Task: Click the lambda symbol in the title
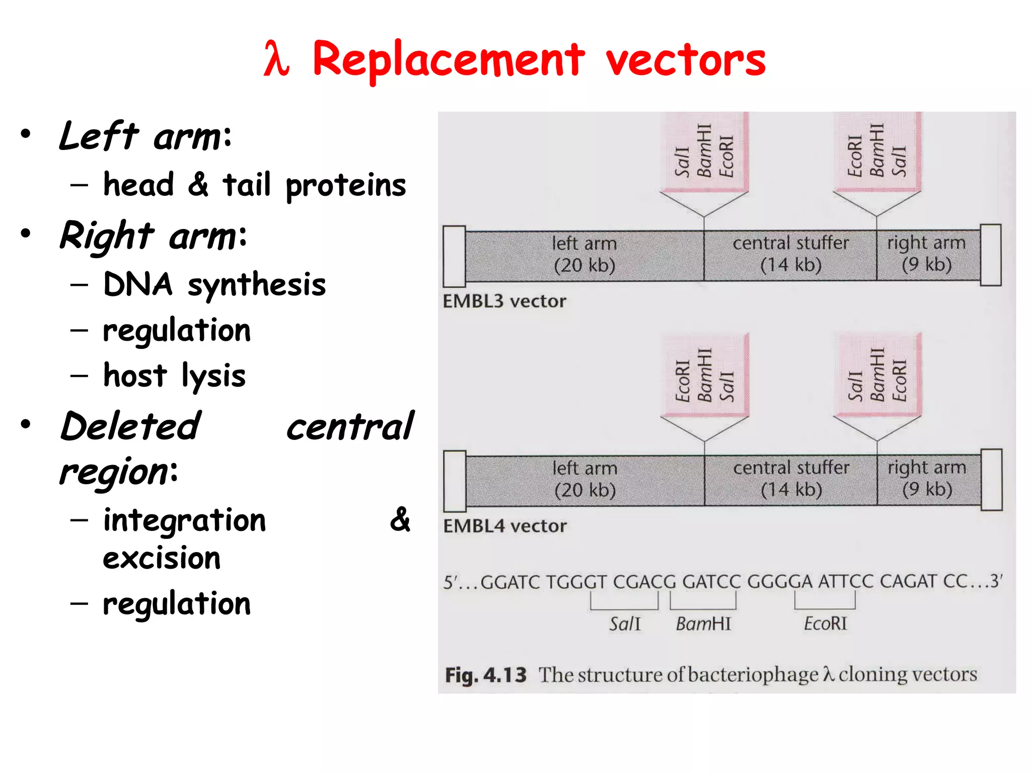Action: coord(276,59)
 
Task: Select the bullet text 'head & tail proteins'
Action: coord(254,185)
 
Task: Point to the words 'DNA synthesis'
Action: coord(214,285)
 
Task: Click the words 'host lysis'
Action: coord(174,376)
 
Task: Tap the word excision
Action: coord(162,559)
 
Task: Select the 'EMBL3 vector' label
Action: coord(504,301)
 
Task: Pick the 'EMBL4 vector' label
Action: coord(505,526)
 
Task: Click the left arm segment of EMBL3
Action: coord(584,255)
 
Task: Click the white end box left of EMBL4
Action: coord(455,481)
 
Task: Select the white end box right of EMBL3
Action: coord(991,255)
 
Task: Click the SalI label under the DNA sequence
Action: coord(625,624)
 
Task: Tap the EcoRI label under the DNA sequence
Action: coord(825,624)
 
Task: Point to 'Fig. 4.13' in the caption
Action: coord(485,675)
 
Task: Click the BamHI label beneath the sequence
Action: coord(703,624)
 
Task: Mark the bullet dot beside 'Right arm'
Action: coord(26,234)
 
